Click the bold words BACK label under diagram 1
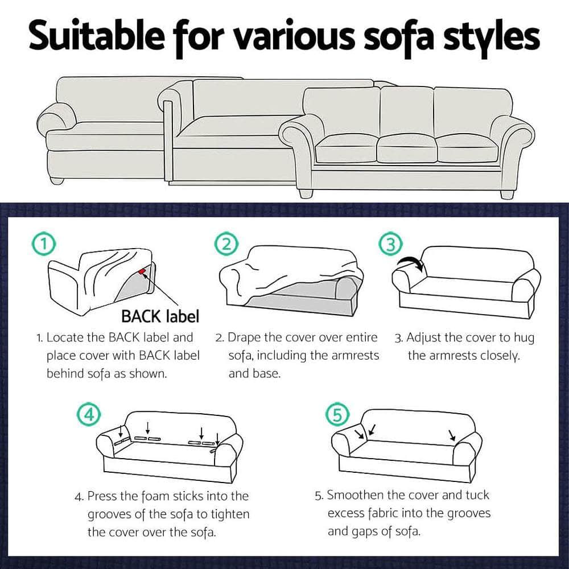[x=160, y=316]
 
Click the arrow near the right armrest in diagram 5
[x=452, y=436]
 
